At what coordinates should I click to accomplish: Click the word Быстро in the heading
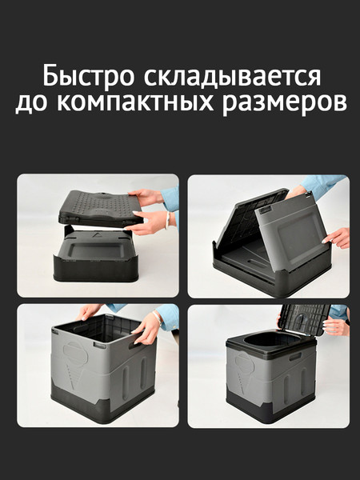(90, 78)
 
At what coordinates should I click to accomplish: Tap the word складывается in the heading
(234, 78)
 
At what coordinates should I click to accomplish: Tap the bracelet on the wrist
(166, 220)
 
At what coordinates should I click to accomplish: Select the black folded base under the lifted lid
(96, 260)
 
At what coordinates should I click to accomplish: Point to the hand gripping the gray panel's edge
(338, 238)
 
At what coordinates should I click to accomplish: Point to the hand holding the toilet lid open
(335, 326)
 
